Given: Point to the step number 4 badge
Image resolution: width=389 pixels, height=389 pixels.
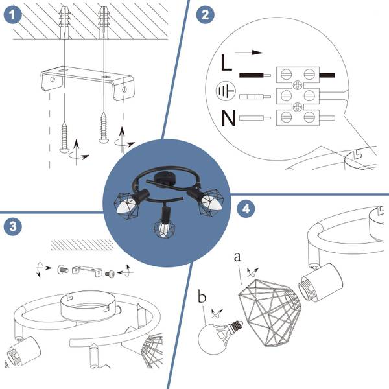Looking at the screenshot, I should (x=244, y=209).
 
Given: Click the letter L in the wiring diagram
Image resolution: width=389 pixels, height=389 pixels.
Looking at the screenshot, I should (x=226, y=64).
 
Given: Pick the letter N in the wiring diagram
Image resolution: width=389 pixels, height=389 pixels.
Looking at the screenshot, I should (x=226, y=119).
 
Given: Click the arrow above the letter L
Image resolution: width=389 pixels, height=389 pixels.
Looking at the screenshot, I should (x=250, y=52).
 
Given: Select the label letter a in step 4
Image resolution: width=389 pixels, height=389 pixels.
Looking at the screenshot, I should (x=237, y=257).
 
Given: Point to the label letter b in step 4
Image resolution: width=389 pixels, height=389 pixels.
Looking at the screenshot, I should (x=202, y=298).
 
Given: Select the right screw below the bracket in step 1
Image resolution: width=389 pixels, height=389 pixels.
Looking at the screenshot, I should (x=103, y=126).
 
